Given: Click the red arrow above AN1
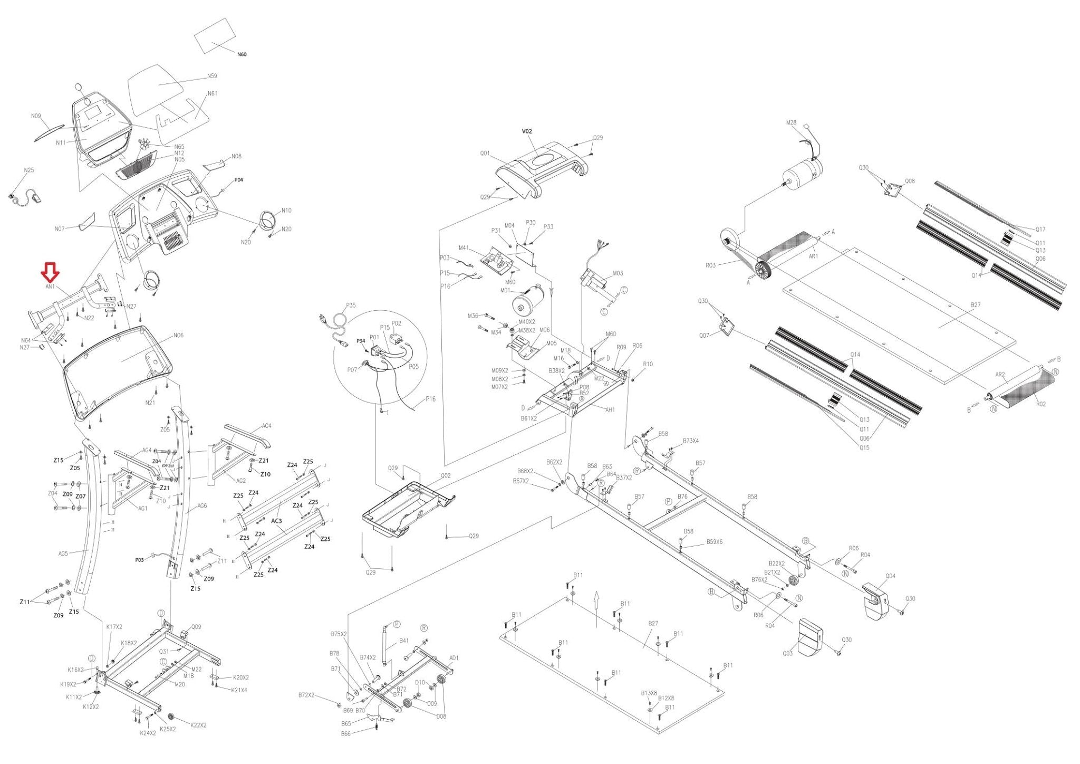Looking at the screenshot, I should (x=50, y=272).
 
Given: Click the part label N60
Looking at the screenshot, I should (x=242, y=54).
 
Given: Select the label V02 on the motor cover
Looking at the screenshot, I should (x=527, y=131).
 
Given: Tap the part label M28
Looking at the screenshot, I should (x=791, y=122).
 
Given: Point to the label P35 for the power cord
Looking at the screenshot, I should (x=351, y=305).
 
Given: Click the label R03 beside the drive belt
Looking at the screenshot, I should (x=710, y=265).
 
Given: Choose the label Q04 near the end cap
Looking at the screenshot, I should (x=890, y=576).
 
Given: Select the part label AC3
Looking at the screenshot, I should (x=276, y=521).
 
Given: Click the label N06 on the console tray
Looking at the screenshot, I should (x=178, y=336).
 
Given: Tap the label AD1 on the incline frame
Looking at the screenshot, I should (x=454, y=658).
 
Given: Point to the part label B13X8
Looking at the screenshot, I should (x=649, y=693).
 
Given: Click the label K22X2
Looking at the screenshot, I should (x=198, y=725).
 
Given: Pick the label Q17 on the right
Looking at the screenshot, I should (x=1040, y=230).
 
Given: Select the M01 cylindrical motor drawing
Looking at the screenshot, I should (x=527, y=301).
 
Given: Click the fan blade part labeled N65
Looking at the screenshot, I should (x=144, y=144).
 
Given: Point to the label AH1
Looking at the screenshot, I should (x=610, y=410).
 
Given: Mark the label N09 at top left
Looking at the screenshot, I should (x=36, y=116).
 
